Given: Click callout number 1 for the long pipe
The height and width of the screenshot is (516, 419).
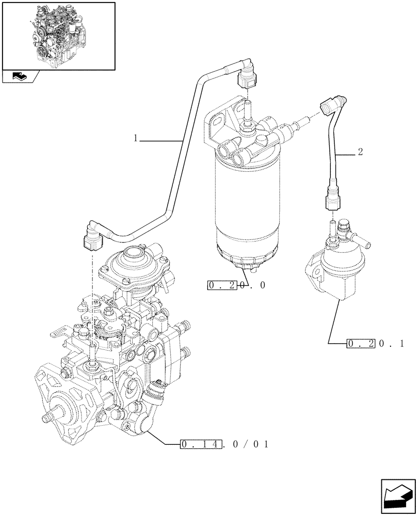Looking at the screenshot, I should point(135,138).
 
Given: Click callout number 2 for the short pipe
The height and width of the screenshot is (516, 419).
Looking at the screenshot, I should point(360,152).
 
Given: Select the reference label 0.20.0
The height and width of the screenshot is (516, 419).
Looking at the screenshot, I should point(236,285).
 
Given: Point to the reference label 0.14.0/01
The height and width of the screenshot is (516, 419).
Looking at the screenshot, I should point(224,444).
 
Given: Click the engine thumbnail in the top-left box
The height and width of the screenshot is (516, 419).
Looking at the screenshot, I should point(58,35).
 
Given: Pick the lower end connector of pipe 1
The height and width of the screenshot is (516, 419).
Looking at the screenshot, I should point(92,236).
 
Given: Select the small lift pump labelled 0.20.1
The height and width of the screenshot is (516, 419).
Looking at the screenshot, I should point(330,268).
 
